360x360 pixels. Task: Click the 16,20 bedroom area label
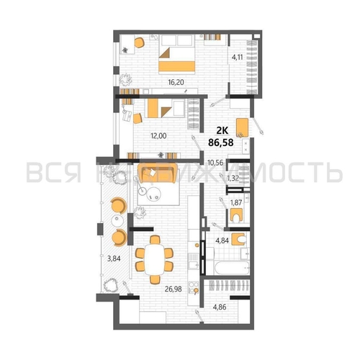pos(176,82)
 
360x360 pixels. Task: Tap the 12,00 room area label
pos(158,136)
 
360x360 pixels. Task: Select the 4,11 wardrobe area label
pos(237,58)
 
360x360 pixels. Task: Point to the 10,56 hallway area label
pos(215,163)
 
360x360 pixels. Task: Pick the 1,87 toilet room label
pos(236,203)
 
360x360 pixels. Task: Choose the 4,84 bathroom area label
pos(222,240)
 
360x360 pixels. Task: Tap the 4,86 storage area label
pos(220,307)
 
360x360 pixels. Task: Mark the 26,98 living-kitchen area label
pos(173,289)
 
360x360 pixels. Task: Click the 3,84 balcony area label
pos(114,258)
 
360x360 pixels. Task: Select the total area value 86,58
pos(221,143)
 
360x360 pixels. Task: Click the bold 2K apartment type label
pos(222,131)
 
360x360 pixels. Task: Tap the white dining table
pos(154,259)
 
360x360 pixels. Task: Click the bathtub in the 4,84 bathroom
pos(232,268)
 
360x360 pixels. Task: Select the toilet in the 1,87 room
pos(236,215)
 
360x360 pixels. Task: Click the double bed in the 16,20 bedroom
pos(176,54)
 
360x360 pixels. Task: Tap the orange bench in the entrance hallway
pos(242,127)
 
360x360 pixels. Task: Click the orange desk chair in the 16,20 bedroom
pos(139,42)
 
